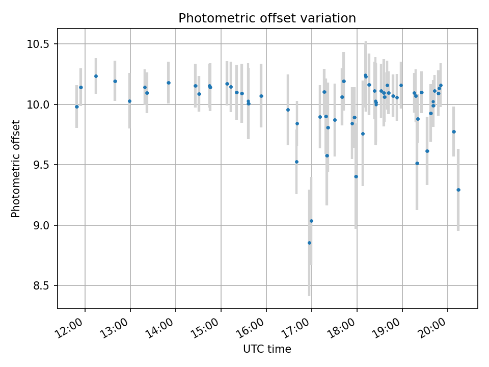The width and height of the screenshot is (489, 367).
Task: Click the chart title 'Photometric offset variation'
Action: click(x=267, y=18)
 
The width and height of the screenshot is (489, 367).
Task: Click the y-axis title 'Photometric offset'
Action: click(x=16, y=169)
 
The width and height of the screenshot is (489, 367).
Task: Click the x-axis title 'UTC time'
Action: click(x=267, y=349)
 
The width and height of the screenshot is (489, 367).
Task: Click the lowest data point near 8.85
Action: click(x=309, y=243)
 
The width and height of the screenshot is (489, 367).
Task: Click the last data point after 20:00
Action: click(x=458, y=190)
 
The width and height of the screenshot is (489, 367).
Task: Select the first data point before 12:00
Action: click(x=77, y=107)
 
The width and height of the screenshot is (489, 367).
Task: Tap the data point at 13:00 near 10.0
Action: click(x=129, y=101)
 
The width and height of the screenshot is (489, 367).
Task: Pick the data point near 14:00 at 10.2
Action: click(x=169, y=83)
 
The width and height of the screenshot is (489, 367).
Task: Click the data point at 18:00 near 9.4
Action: click(x=356, y=176)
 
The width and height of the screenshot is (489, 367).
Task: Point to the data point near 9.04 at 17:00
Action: click(x=311, y=221)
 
